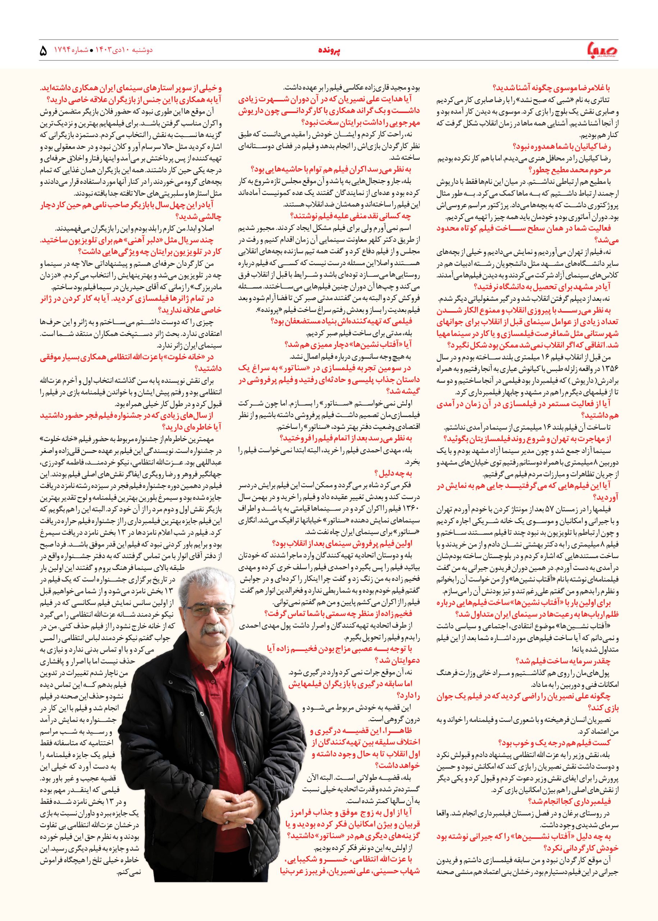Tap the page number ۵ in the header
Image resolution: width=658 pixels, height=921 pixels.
(x=44, y=51)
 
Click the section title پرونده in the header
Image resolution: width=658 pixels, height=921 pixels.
(x=328, y=51)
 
